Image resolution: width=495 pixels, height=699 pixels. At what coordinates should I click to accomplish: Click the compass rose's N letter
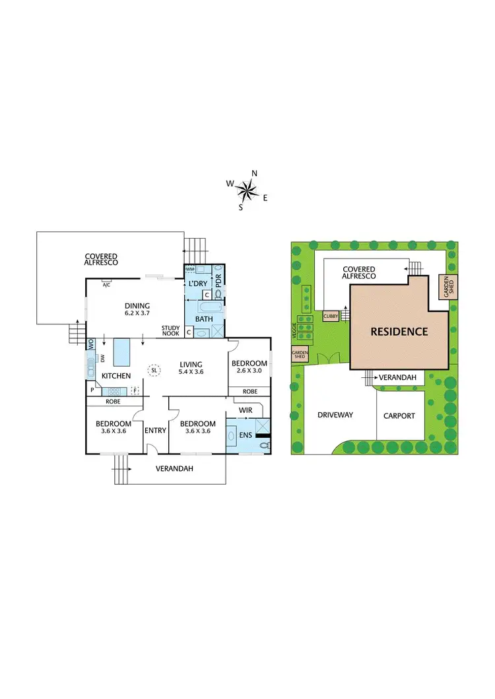pyautogui.click(x=255, y=173)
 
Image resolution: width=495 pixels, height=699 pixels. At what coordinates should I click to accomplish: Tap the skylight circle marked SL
pyautogui.click(x=154, y=370)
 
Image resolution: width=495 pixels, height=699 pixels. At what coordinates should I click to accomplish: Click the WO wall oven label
pyautogui.click(x=91, y=343)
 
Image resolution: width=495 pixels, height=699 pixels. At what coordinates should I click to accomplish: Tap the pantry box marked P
pyautogui.click(x=92, y=390)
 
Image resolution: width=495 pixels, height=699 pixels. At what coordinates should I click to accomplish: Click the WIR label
pyautogui.click(x=246, y=410)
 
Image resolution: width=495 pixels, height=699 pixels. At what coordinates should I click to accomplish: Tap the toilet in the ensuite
pyautogui.click(x=264, y=446)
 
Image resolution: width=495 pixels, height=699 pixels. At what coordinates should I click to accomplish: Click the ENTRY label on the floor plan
pyautogui.click(x=155, y=431)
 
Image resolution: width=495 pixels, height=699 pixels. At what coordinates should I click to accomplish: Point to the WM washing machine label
pyautogui.click(x=190, y=270)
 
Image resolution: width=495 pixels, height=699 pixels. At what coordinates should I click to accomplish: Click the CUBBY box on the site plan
pyautogui.click(x=331, y=317)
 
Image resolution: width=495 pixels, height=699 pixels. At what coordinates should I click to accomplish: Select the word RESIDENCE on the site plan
pyautogui.click(x=399, y=332)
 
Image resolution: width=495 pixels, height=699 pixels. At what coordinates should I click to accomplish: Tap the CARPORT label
pyautogui.click(x=400, y=416)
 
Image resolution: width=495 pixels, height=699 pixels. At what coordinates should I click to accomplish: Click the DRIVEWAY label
pyautogui.click(x=336, y=415)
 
